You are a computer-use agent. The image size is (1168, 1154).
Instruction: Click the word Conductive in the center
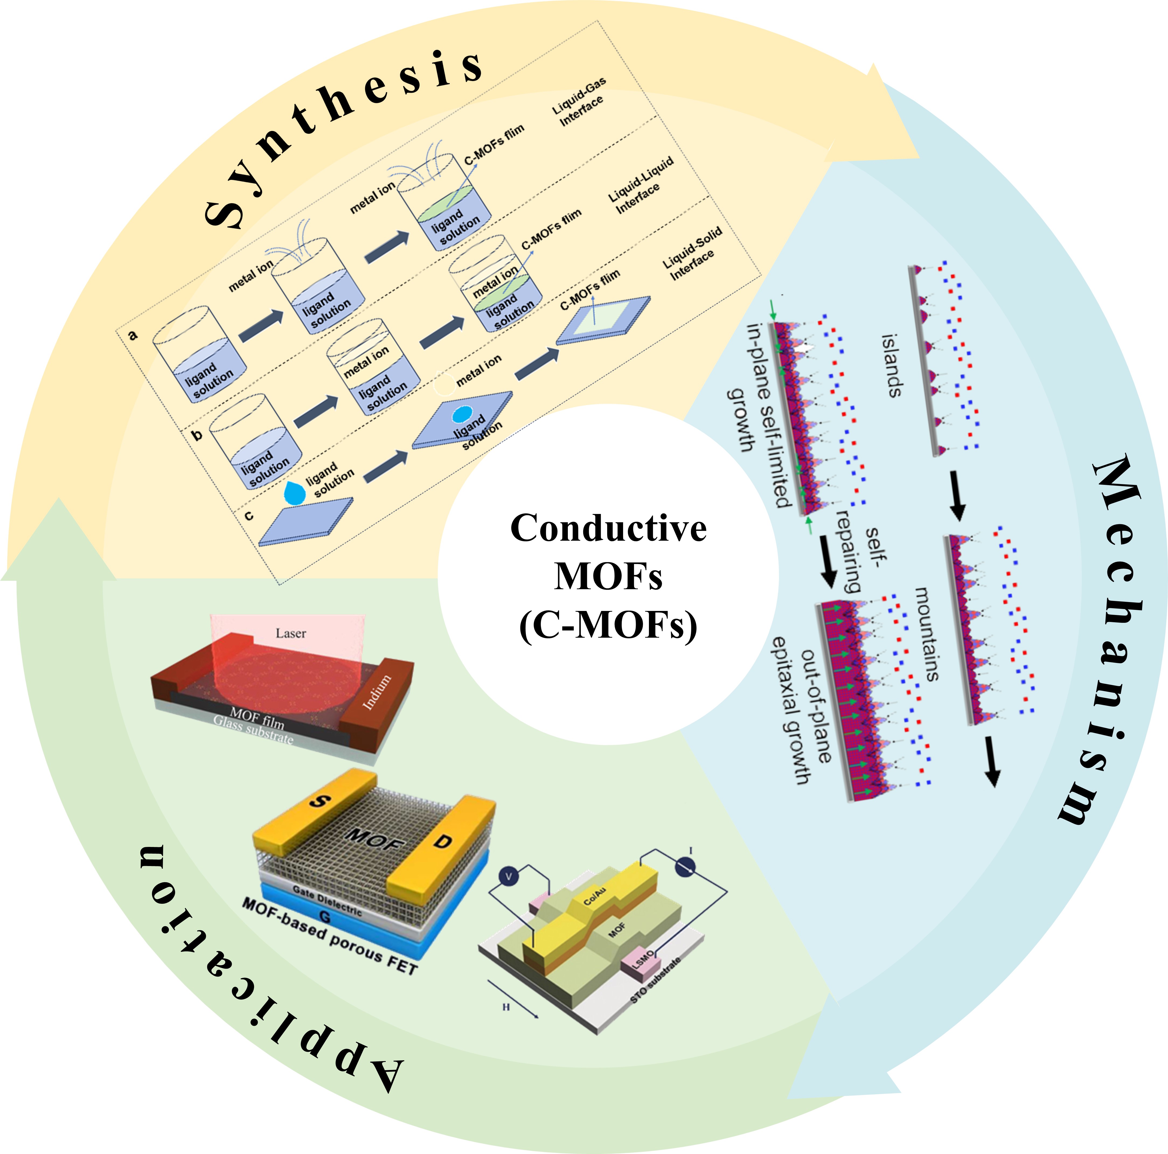click(608, 528)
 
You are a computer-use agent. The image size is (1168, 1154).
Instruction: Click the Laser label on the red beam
click(291, 633)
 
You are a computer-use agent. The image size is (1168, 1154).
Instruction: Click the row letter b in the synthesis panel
click(197, 434)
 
